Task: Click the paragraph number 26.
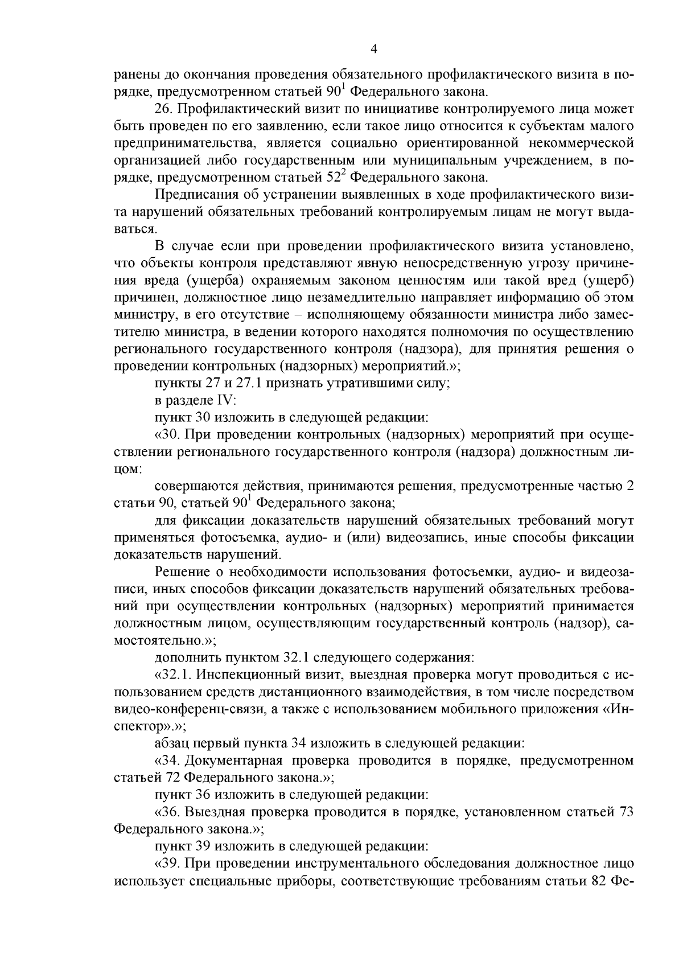163,108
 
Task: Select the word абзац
171,743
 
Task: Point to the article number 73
625,812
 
